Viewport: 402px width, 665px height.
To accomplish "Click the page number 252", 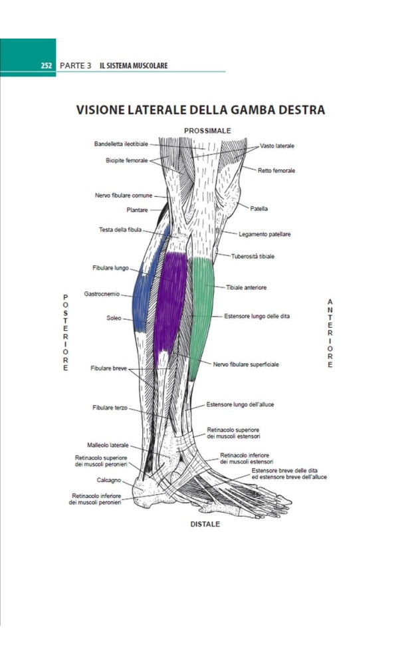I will click(46, 66).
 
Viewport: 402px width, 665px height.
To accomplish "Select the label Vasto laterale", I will click(277, 146).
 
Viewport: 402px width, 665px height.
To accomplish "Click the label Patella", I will click(259, 208).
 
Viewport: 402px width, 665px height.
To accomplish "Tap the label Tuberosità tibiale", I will click(252, 256).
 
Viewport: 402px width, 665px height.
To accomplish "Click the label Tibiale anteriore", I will click(246, 287).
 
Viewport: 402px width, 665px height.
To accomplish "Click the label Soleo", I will click(114, 318).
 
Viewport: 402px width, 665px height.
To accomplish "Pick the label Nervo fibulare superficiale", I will click(246, 364).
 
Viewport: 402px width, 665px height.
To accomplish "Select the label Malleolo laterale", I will click(108, 445).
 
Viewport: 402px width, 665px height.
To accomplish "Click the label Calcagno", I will click(110, 479).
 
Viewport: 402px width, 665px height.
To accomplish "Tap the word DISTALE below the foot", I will click(205, 524).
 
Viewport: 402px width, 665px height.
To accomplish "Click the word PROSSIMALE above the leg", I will click(203, 131).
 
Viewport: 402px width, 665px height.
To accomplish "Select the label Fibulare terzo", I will click(110, 408).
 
